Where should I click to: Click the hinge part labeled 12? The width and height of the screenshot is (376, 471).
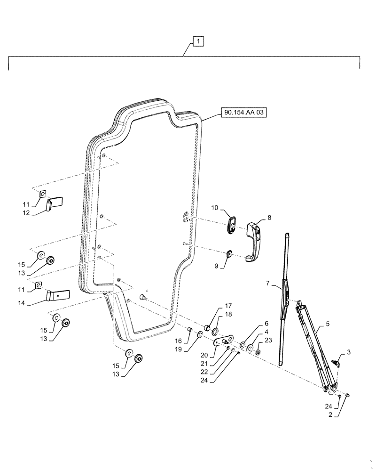click(55, 203)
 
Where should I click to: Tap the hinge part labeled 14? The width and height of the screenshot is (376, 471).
click(58, 295)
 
